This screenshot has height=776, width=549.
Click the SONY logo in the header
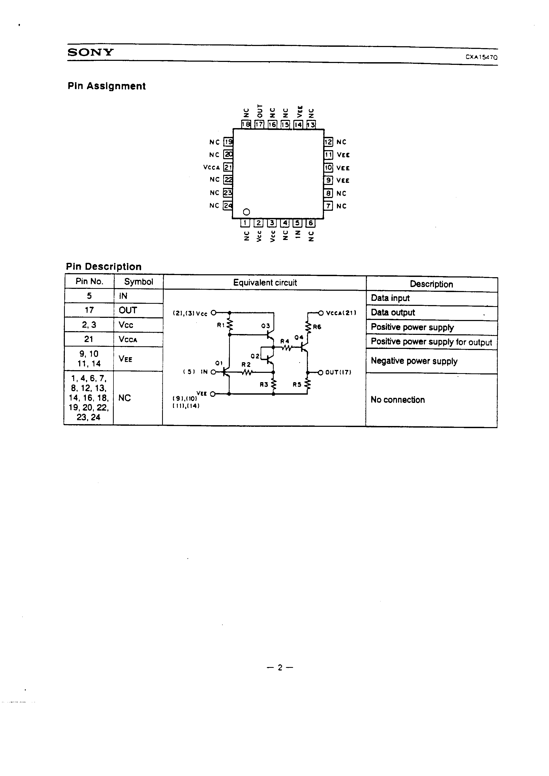[90, 52]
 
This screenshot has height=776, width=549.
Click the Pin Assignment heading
[107, 86]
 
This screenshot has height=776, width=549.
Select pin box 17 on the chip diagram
[259, 124]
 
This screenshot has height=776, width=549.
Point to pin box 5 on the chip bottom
[298, 223]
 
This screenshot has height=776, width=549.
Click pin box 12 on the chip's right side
[328, 142]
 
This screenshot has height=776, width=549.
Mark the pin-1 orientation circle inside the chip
[246, 212]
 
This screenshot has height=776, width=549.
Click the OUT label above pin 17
[260, 111]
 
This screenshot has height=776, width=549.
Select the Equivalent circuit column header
[265, 282]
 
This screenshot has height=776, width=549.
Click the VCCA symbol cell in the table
[128, 339]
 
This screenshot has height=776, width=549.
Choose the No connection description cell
[398, 400]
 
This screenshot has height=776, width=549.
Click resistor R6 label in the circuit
[317, 327]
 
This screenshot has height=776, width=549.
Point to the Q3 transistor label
[265, 326]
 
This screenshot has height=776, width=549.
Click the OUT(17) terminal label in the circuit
[338, 372]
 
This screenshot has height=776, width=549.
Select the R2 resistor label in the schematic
[246, 364]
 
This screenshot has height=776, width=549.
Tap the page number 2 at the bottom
[280, 668]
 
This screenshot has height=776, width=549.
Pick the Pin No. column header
[89, 281]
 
